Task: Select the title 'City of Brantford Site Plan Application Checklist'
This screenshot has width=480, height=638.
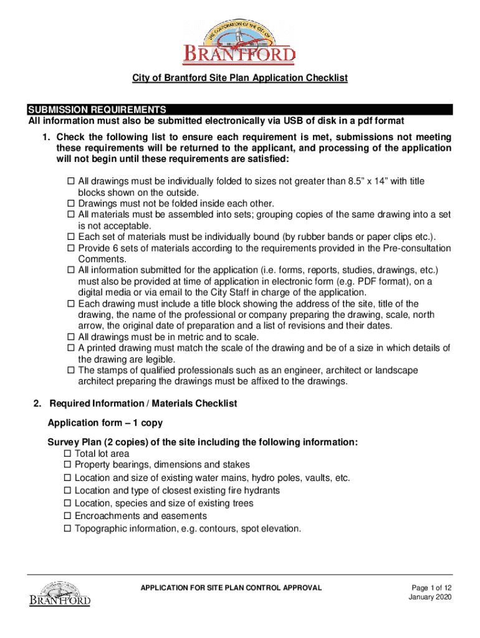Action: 239,78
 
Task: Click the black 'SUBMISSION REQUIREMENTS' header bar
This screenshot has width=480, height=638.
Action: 239,110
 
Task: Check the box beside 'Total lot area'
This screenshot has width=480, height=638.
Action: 67,454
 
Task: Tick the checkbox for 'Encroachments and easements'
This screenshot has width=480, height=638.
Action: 67,517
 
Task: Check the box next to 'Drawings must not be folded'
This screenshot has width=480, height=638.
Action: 70,204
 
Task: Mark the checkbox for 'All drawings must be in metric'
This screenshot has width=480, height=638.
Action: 70,337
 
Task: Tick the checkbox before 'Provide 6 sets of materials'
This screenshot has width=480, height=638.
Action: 70,249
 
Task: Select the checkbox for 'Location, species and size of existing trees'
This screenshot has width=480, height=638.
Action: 67,503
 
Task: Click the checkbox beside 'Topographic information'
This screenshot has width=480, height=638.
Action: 67,529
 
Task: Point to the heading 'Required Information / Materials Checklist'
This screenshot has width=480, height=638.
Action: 143,404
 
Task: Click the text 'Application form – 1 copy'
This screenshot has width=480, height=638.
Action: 105,423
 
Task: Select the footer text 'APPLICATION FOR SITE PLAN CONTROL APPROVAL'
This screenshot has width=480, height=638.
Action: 231,588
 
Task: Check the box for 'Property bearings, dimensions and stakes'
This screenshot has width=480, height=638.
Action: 67,465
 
